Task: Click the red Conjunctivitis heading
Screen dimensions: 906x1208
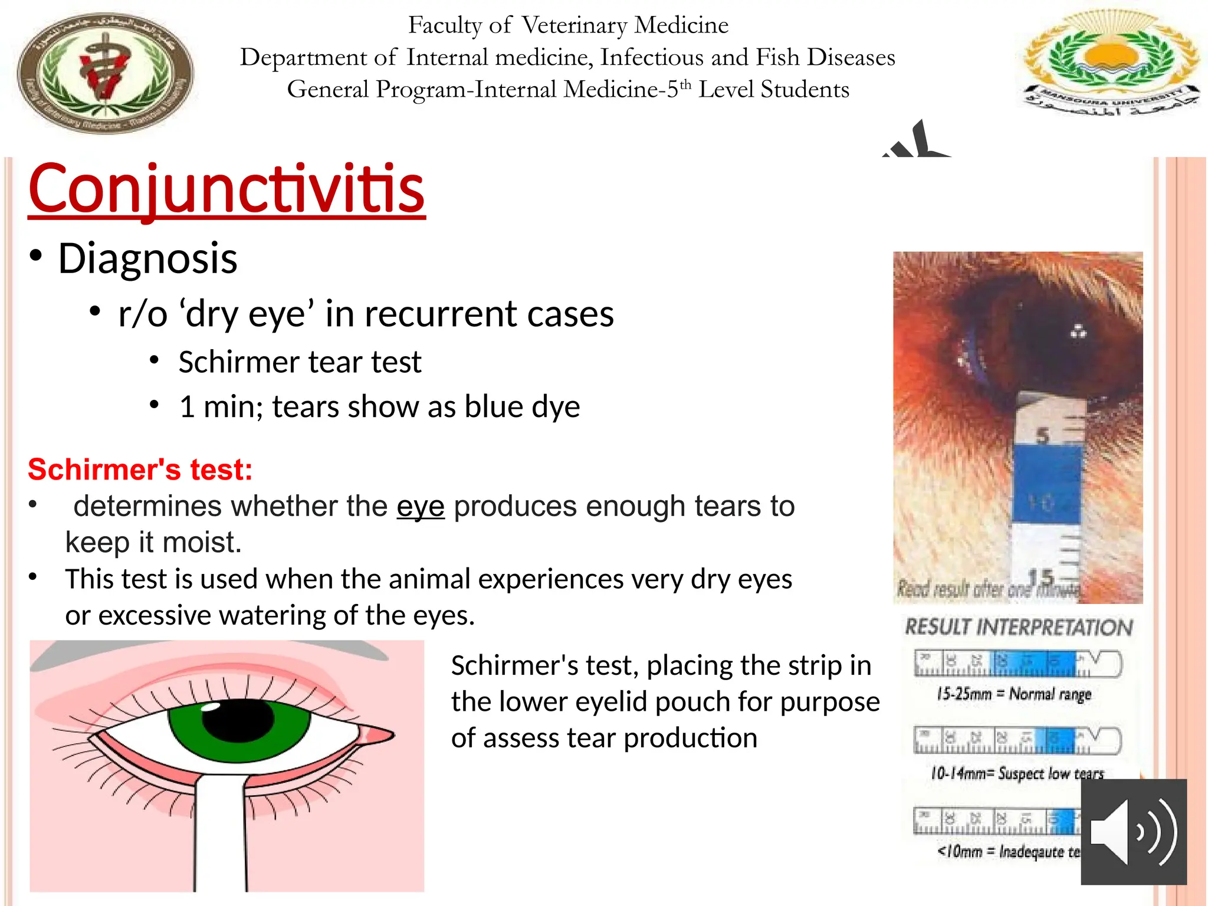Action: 226,189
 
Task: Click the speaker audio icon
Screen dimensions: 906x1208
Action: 1133,832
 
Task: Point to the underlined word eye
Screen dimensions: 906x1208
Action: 420,506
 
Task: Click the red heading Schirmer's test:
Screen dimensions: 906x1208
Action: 140,470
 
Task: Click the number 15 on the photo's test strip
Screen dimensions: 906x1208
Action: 1040,577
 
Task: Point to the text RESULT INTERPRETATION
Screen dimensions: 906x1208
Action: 1019,627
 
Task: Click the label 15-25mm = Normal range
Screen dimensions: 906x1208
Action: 1014,694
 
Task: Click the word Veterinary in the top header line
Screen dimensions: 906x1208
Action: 574,25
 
